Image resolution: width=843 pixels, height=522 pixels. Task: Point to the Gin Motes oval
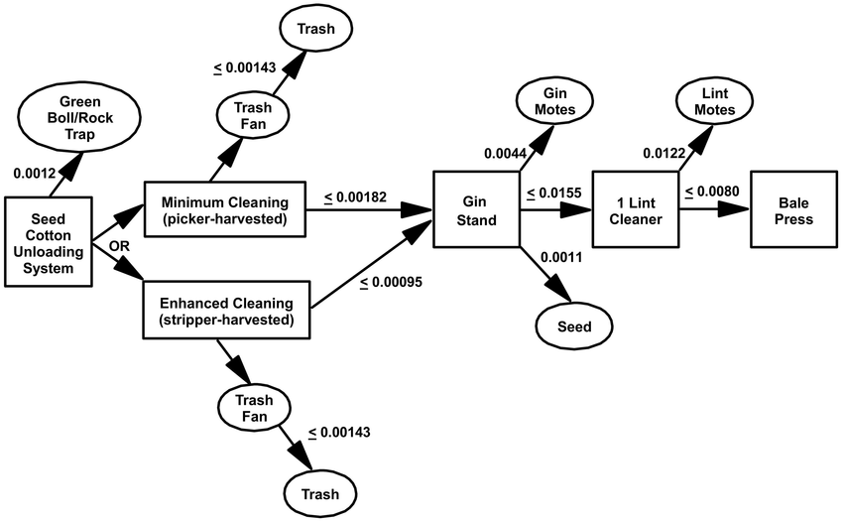(x=553, y=100)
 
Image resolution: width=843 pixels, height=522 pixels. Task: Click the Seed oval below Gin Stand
(x=574, y=326)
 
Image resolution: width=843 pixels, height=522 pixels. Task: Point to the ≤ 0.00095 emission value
(x=391, y=283)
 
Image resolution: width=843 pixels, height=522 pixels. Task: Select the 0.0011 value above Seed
(x=561, y=258)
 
